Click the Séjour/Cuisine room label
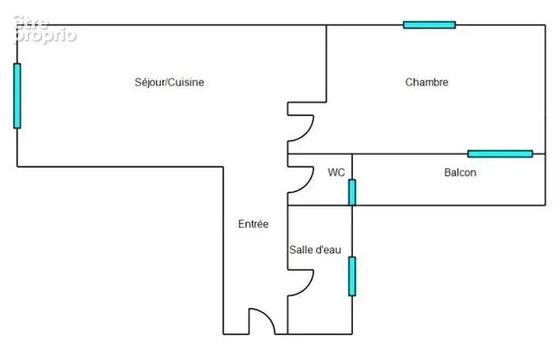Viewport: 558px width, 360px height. (x=170, y=82)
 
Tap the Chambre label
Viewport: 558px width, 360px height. (x=426, y=82)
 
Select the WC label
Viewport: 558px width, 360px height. (x=336, y=172)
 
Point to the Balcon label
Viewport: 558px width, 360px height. (x=461, y=172)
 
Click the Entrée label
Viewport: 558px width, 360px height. (x=254, y=224)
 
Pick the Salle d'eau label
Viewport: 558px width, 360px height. (x=315, y=250)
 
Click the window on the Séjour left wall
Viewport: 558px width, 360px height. (x=17, y=96)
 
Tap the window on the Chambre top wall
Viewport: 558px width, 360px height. (x=430, y=25)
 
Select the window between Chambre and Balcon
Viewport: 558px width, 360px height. (x=500, y=154)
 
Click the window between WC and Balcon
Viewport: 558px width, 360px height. (x=352, y=193)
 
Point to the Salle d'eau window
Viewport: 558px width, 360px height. (x=352, y=276)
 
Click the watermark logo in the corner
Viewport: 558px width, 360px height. (x=45, y=30)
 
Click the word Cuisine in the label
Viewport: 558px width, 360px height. (x=185, y=82)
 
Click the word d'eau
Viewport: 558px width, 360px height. (x=327, y=250)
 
